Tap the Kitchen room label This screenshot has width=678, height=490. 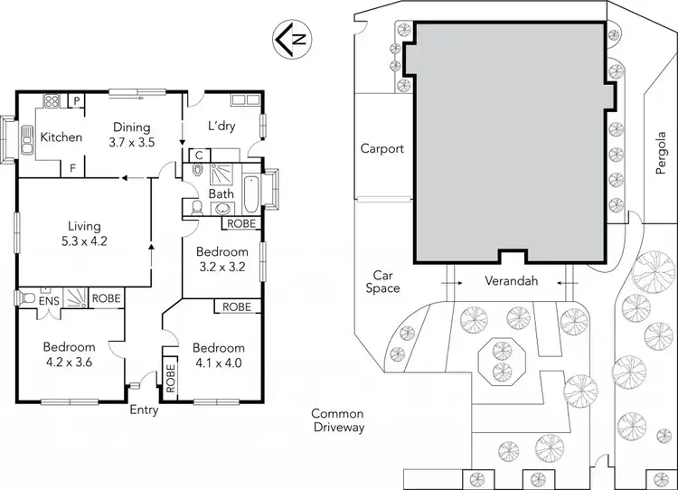pyautogui.click(x=61, y=137)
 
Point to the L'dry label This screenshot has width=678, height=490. pyautogui.click(x=221, y=126)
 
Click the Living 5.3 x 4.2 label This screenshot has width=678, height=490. pyautogui.click(x=83, y=233)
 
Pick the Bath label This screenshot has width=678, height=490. pyautogui.click(x=221, y=193)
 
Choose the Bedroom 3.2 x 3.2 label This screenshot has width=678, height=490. pyautogui.click(x=222, y=259)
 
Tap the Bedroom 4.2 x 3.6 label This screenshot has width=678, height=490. pyautogui.click(x=70, y=354)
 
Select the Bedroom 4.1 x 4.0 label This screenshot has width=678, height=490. pyautogui.click(x=218, y=355)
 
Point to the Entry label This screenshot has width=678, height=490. pyautogui.click(x=144, y=410)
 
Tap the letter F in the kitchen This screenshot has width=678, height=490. pyautogui.click(x=72, y=168)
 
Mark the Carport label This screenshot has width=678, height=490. pyautogui.click(x=381, y=148)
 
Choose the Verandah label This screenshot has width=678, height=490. pyautogui.click(x=511, y=281)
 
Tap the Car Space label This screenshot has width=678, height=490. pyautogui.click(x=385, y=281)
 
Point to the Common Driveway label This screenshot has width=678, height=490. pyautogui.click(x=337, y=420)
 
